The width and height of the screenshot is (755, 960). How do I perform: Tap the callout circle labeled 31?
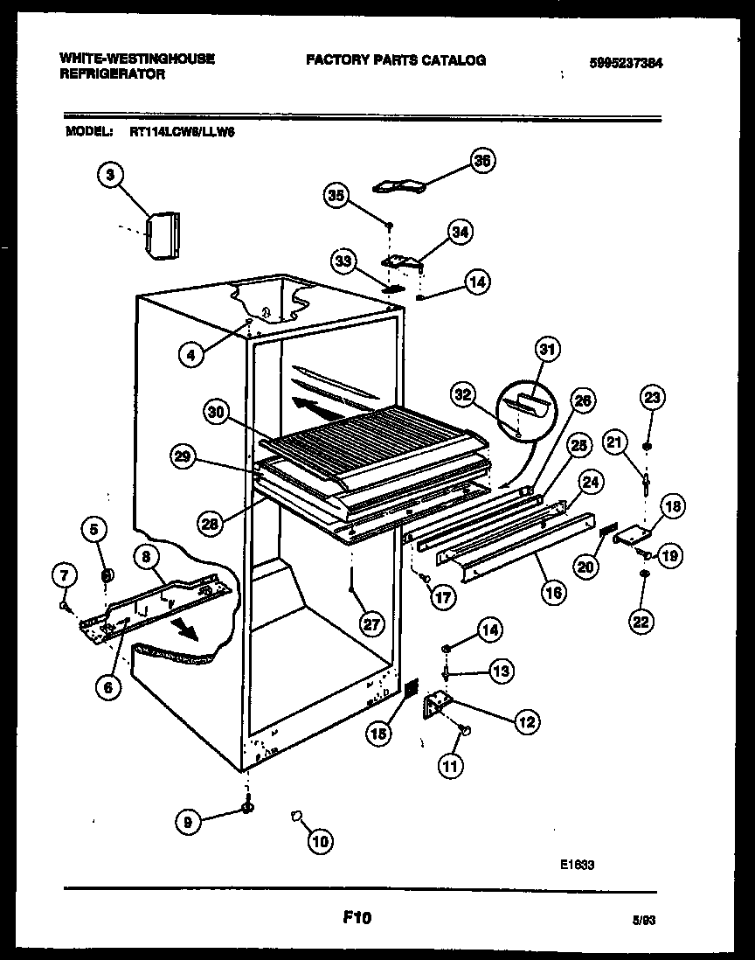click(546, 351)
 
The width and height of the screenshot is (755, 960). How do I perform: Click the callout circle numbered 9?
click(95, 527)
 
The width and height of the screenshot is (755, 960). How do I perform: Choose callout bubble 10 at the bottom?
click(321, 842)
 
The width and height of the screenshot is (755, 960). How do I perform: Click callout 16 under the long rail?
click(554, 591)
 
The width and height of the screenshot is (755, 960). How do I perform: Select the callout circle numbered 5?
click(95, 527)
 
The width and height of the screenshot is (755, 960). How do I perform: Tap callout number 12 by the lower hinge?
click(527, 721)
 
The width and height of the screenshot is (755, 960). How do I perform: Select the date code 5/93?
click(644, 921)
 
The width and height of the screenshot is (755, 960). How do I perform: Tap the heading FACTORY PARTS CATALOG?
click(395, 60)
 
